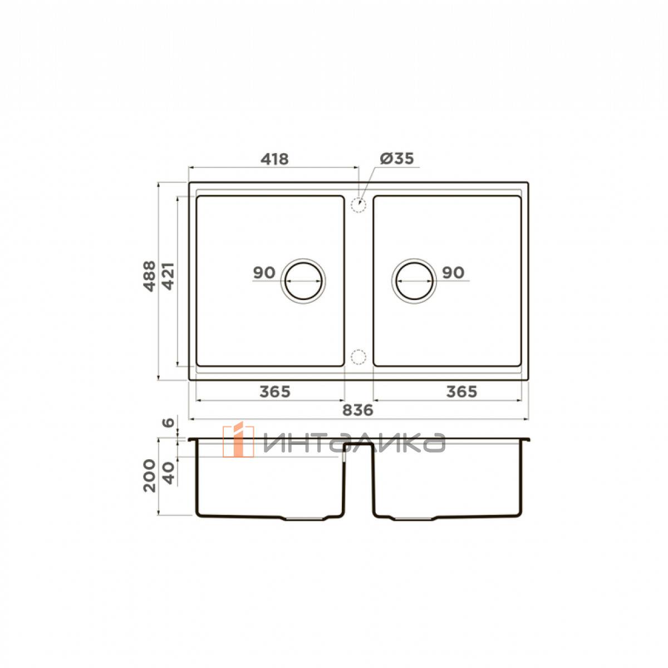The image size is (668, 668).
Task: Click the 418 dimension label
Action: click(274, 159)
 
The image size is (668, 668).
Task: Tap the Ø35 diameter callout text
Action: click(397, 159)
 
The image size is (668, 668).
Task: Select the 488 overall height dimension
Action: click(150, 276)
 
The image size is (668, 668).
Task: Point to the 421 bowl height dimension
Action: click(168, 276)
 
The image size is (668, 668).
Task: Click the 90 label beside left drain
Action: click(264, 273)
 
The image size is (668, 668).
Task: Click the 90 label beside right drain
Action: click(453, 273)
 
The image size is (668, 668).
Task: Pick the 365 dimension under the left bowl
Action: click(275, 392)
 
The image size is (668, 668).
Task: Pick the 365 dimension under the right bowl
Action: click(461, 392)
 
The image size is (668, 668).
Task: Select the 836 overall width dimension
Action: click(358, 410)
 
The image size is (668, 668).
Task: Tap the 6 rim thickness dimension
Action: click(169, 423)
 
